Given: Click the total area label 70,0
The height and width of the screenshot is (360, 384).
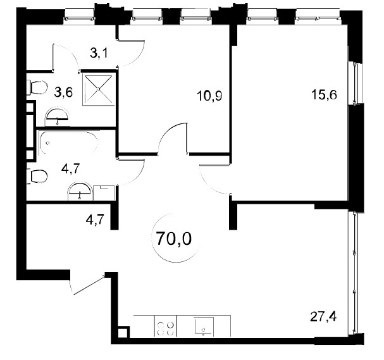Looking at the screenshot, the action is point(174,239).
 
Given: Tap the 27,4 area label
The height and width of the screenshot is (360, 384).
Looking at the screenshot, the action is point(323,317).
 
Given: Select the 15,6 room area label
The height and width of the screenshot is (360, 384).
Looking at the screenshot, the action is point(324,94).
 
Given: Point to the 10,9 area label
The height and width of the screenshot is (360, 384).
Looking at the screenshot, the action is point(209,96).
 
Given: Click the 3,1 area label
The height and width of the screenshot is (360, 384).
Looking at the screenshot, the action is point(99,53).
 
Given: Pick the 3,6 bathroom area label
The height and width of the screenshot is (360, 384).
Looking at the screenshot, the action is point(63,92).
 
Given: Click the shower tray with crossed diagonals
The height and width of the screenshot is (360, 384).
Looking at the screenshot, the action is point(99,89).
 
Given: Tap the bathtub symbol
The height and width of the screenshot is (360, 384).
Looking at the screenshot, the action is point(69,143).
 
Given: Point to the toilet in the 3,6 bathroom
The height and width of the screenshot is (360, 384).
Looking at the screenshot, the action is point(37,88).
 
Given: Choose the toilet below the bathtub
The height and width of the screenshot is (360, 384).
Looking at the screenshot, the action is point(37,176).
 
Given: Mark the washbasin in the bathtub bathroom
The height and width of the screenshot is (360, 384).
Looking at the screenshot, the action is point(80,191).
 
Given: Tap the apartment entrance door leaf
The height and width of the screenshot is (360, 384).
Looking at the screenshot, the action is point(89,284).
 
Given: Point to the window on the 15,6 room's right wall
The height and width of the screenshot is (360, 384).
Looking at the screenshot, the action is point(355,84).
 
